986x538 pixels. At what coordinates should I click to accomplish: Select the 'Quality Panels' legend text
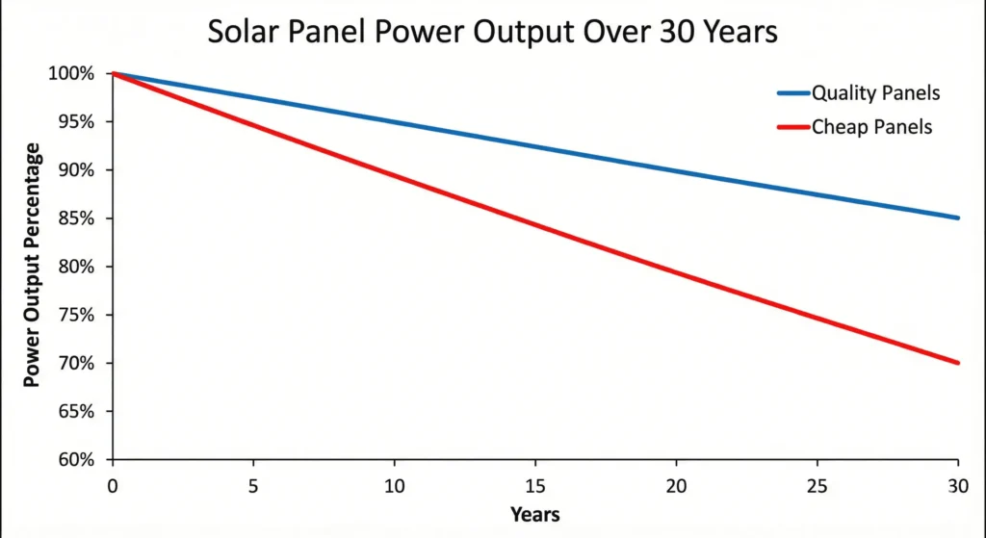(875, 93)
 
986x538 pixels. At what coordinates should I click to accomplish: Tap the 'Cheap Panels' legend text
(871, 126)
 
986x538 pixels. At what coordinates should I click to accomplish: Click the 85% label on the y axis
(76, 218)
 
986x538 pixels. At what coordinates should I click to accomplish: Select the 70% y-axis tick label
(76, 363)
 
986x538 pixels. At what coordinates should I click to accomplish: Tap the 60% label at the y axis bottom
(76, 460)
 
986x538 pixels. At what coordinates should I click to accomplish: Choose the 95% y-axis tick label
(76, 122)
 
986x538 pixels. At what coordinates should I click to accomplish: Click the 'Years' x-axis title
(534, 514)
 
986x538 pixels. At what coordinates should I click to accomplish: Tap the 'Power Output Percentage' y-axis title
(33, 265)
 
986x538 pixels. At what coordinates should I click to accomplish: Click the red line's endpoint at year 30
(956, 363)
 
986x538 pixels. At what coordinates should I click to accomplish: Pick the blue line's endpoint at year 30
(956, 218)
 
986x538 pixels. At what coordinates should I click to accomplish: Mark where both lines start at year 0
(114, 73)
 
